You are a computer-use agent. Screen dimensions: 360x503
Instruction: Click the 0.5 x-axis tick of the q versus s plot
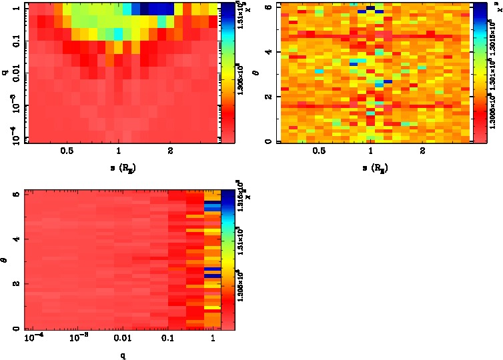click(67, 151)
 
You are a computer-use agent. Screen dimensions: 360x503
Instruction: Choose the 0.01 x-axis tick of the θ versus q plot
click(122, 339)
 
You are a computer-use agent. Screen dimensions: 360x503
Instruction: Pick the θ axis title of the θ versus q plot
click(6, 260)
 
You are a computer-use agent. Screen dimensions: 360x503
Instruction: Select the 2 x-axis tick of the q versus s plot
click(171, 151)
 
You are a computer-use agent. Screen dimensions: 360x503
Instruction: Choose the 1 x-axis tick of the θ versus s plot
click(371, 151)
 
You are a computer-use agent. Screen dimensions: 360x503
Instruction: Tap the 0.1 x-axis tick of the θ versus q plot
click(168, 339)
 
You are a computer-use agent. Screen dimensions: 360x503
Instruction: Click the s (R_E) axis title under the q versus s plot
click(119, 167)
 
